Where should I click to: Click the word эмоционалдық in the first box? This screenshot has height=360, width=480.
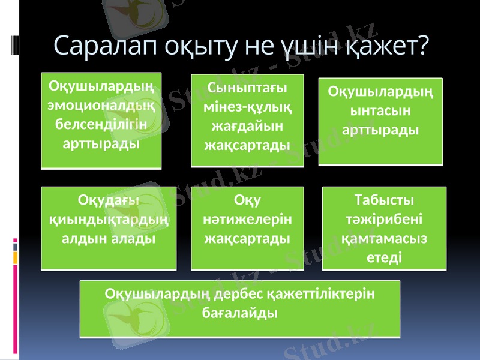(101, 105)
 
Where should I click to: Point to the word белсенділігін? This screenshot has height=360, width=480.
(101, 124)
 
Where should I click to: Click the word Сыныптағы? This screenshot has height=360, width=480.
(247, 87)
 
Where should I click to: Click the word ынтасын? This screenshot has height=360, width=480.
(380, 110)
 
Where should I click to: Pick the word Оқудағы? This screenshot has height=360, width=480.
(109, 199)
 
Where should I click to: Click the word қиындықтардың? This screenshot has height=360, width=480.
(109, 219)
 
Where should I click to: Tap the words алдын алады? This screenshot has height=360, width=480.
(109, 238)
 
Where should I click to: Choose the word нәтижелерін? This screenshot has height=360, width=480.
(247, 219)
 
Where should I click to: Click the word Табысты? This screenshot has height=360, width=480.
(385, 199)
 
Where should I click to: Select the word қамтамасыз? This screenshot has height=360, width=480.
(385, 238)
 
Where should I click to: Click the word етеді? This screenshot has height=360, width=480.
(385, 257)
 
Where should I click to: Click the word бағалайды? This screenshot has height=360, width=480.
(239, 313)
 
